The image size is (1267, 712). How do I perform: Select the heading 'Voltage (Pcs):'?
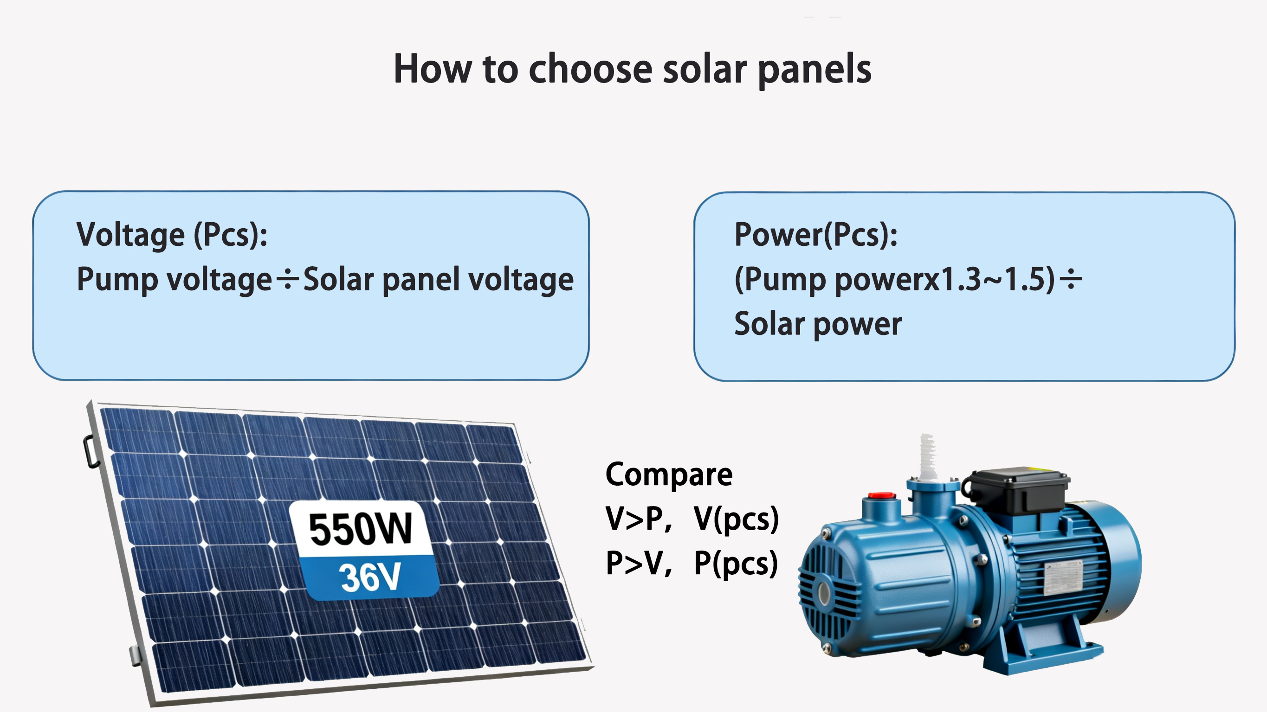(172, 235)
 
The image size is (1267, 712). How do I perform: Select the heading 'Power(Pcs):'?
(815, 235)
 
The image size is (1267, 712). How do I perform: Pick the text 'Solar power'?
(818, 325)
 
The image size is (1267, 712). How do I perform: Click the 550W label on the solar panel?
(361, 529)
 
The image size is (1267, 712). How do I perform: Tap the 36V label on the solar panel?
(370, 576)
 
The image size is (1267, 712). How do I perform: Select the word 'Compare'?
(669, 475)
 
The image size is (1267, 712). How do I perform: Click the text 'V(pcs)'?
(736, 519)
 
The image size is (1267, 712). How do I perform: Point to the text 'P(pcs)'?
(736, 564)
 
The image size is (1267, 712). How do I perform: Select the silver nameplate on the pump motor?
(1063, 578)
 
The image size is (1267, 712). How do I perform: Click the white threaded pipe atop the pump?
(928, 457)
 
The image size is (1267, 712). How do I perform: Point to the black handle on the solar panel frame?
(90, 451)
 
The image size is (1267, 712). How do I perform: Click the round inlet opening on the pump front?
(824, 593)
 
